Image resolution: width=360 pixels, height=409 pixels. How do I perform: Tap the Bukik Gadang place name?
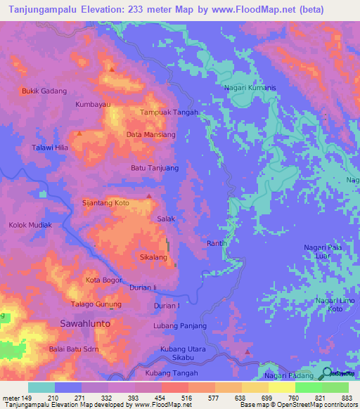tap(44, 91)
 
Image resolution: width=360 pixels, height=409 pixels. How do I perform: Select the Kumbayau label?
tap(94, 104)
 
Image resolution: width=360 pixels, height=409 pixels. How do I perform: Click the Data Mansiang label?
tap(150, 134)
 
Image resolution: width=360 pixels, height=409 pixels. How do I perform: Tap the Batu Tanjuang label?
tap(155, 168)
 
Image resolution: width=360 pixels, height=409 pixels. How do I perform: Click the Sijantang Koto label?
tap(107, 202)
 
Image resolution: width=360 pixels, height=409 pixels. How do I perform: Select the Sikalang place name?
tap(153, 257)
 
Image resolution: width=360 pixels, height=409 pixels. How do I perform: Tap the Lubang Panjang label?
tap(180, 325)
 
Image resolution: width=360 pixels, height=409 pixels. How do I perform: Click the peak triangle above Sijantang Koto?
tap(148, 196)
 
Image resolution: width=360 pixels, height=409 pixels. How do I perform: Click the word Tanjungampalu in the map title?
tap(43, 10)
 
